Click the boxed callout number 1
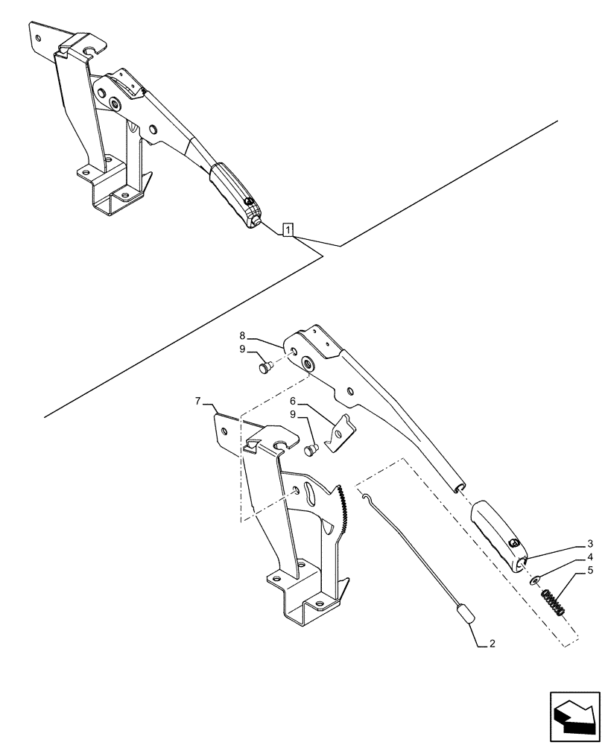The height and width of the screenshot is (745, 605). click(x=288, y=229)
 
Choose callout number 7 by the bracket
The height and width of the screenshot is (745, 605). click(x=197, y=402)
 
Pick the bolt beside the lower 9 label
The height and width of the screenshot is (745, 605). click(x=312, y=448)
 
